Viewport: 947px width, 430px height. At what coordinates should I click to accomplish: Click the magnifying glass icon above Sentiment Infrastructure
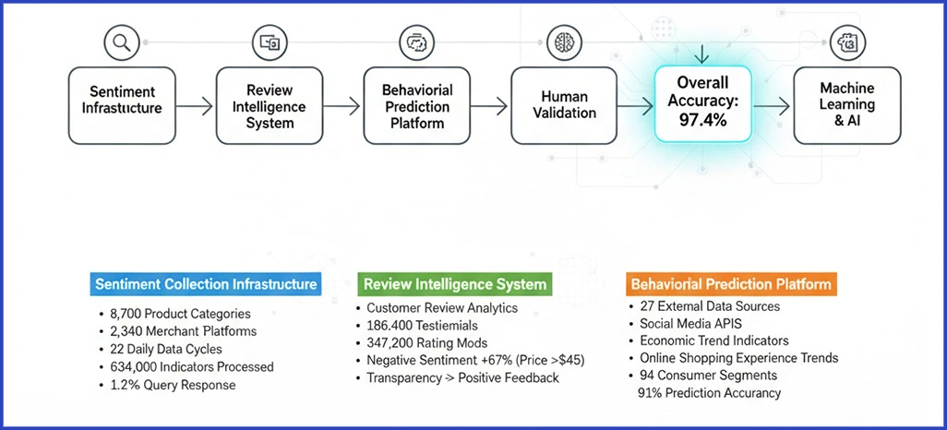tap(120, 42)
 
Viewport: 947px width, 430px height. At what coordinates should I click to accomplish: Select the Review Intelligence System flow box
tap(270, 107)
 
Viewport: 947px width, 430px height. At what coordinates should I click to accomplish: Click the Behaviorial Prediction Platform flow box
tap(417, 107)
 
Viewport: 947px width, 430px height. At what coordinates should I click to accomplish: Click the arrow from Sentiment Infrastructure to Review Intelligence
tap(194, 108)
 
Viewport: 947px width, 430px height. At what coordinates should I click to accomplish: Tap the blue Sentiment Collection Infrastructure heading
tap(206, 284)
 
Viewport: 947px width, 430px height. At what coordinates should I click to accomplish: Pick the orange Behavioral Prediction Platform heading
tap(732, 284)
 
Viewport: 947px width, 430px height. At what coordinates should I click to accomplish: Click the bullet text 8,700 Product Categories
tap(179, 314)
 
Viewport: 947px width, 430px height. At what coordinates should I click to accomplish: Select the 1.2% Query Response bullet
tap(173, 385)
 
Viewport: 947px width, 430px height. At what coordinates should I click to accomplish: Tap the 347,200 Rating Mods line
tap(426, 342)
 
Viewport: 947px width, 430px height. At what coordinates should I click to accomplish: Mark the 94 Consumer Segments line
tap(709, 376)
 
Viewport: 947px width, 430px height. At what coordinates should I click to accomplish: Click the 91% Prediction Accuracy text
tap(709, 393)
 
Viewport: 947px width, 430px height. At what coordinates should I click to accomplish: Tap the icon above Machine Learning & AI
tap(844, 42)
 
